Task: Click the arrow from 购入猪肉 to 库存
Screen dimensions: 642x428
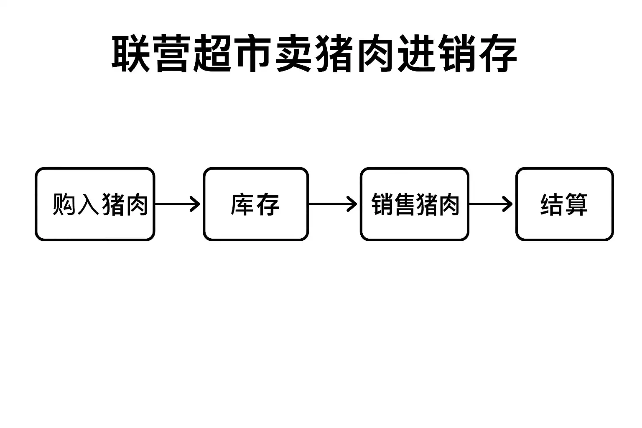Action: coord(177,204)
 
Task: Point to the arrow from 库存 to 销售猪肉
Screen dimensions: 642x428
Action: coord(333,204)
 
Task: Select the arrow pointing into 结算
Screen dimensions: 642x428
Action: coord(491,204)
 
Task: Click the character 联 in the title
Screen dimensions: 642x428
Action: coord(131,53)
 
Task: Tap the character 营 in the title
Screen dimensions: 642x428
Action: coord(172,53)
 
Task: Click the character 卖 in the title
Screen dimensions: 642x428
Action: coord(293,53)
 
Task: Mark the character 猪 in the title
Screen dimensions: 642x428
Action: coord(334,53)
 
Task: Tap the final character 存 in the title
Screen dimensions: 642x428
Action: coord(498,53)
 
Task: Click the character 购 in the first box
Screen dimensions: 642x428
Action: coord(64,204)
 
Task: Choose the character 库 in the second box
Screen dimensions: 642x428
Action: coord(242,204)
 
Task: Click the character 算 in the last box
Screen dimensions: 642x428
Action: coord(576,204)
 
